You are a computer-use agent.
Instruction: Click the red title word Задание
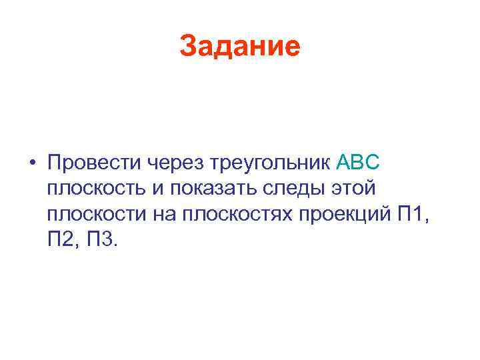coord(240,47)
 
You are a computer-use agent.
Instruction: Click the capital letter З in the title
coord(187,47)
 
